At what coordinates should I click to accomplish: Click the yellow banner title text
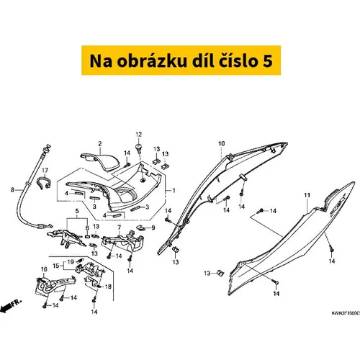tap(181, 60)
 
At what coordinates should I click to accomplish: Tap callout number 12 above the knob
tap(139, 135)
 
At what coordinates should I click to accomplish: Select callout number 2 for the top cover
tap(100, 144)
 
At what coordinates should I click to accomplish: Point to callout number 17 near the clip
tap(45, 171)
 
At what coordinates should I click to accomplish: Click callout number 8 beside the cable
tap(12, 190)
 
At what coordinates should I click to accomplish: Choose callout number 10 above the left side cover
tap(222, 143)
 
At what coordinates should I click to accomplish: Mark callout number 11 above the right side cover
tap(307, 195)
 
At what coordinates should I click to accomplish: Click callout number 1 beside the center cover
tap(174, 190)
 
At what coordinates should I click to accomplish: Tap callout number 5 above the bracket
tap(77, 211)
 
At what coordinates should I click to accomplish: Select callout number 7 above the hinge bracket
tap(120, 227)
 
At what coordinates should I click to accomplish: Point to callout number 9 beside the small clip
tap(153, 228)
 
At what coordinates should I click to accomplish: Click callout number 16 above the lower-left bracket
tap(44, 269)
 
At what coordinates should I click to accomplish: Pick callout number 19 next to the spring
tap(71, 262)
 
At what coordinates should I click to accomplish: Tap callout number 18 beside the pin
tap(108, 287)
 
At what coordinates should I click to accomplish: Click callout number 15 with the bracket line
tap(56, 266)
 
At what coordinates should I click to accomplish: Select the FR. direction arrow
tap(11, 306)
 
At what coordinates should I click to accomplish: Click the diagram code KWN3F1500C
tap(346, 313)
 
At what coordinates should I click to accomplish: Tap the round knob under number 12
tap(138, 147)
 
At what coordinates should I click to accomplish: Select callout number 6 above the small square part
tap(87, 228)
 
